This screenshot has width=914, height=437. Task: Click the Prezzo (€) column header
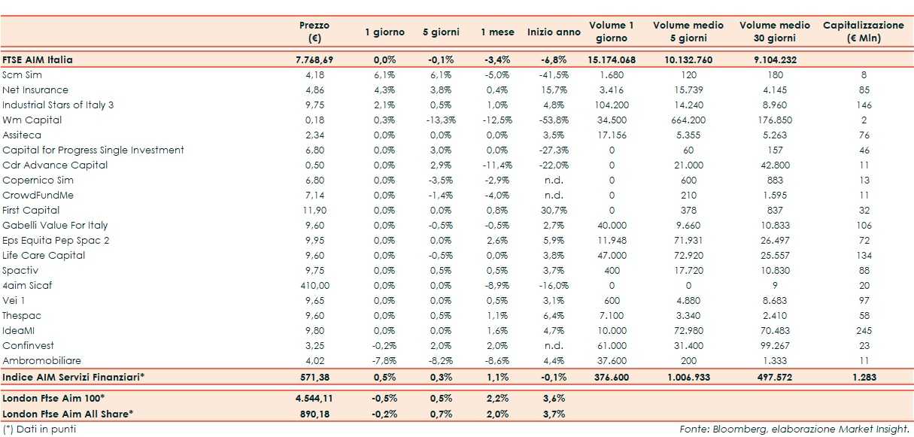(314, 32)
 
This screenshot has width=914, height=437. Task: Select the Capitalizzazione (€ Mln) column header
(864, 32)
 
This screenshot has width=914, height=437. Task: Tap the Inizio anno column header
(554, 32)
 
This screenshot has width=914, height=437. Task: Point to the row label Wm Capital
(32, 120)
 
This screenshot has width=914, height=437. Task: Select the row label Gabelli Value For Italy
(55, 225)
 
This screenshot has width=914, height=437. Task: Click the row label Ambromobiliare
(41, 360)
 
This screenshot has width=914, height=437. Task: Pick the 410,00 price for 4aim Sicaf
(314, 285)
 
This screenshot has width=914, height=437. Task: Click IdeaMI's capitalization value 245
(864, 330)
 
